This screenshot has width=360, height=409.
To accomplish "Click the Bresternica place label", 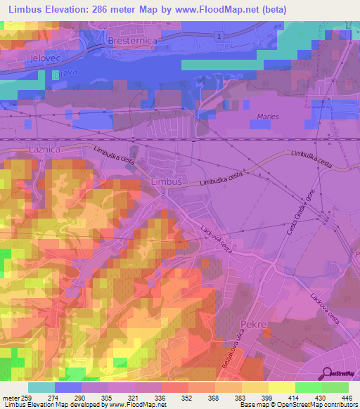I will pos(131,41).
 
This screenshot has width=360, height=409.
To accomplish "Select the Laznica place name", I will pos(46,150).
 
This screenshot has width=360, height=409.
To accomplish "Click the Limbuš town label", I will pos(167,181).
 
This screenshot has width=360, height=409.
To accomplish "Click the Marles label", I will pos(268,117).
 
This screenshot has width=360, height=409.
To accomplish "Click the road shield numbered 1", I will pos(220,36).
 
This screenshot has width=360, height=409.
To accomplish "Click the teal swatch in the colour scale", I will pos(41,387).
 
